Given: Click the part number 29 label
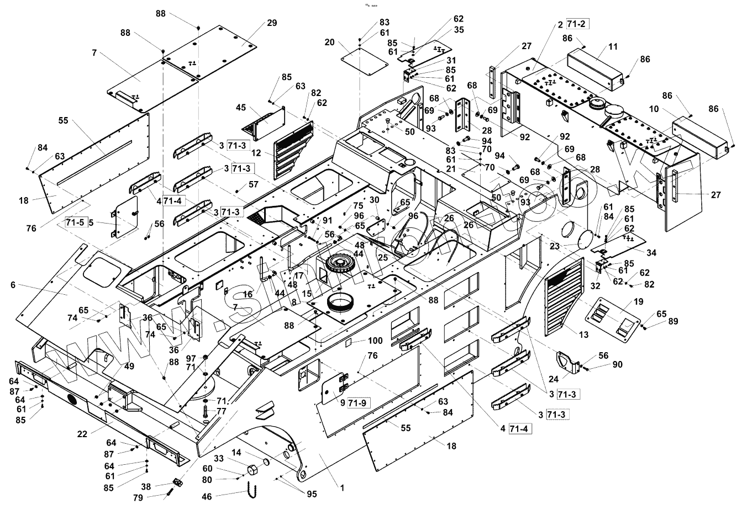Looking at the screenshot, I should pyautogui.click(x=271, y=23).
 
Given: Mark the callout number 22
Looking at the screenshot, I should pyautogui.click(x=82, y=434).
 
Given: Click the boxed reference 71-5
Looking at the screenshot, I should pyautogui.click(x=75, y=222).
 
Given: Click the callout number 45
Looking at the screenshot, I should pyautogui.click(x=240, y=107).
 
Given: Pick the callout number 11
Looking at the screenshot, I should pyautogui.click(x=613, y=47).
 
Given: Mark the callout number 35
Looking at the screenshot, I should pyautogui.click(x=459, y=30).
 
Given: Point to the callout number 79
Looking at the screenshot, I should pyautogui.click(x=138, y=498).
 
